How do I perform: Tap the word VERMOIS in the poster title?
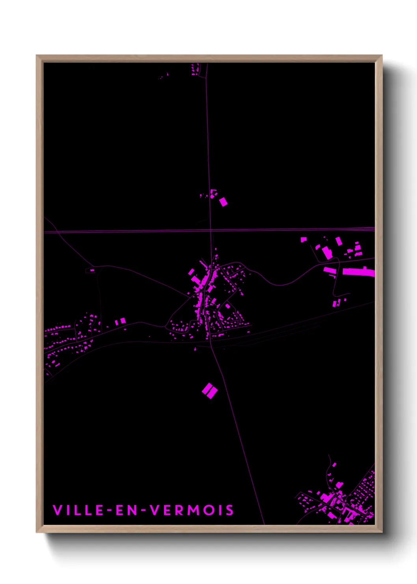192,510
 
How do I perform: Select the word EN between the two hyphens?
127,510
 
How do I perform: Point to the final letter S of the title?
230,510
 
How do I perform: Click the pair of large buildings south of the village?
210,391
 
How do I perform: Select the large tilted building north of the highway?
223,202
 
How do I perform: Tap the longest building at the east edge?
358,272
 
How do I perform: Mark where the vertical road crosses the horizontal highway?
211,230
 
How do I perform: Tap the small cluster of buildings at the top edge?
195,70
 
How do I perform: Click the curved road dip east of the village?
280,284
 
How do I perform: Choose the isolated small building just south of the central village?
195,349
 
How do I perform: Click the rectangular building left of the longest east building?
330,270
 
